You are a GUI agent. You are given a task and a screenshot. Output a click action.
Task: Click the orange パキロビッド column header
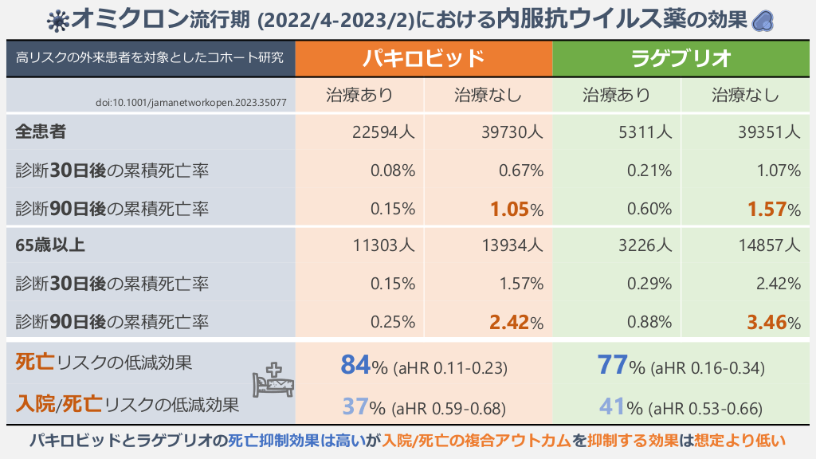click(423, 58)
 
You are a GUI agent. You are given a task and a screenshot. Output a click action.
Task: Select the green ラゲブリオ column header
click(681, 58)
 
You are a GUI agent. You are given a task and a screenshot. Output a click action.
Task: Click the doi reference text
click(190, 103)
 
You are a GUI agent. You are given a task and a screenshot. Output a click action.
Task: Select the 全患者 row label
click(41, 133)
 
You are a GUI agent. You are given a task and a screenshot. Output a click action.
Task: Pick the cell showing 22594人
click(383, 133)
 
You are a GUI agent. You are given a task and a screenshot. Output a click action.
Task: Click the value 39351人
click(770, 133)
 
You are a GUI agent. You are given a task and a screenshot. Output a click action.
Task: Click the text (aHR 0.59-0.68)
click(449, 409)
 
